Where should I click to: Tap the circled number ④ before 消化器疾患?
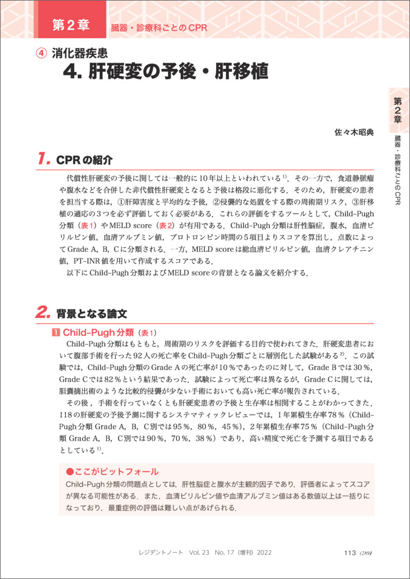coord(41,53)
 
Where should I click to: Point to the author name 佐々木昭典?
coord(354,132)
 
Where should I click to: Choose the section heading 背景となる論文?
coord(91,314)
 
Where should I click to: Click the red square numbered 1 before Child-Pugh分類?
coord(56,333)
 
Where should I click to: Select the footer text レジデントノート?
coord(158,553)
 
